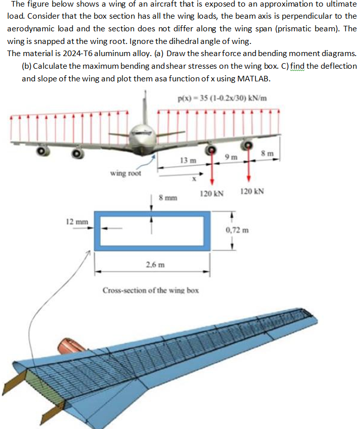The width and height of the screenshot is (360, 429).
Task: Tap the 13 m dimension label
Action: point(186,160)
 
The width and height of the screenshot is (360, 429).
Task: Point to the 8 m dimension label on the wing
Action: point(270,153)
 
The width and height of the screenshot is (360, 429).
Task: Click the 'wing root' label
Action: point(126,173)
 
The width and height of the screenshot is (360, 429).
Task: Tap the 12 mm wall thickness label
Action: point(77,221)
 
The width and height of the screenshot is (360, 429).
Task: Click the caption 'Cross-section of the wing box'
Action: point(150,290)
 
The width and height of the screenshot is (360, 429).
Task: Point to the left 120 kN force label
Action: point(211,193)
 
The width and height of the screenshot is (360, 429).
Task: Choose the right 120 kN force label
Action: point(251,192)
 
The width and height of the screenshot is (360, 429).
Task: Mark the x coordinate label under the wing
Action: point(193,178)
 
